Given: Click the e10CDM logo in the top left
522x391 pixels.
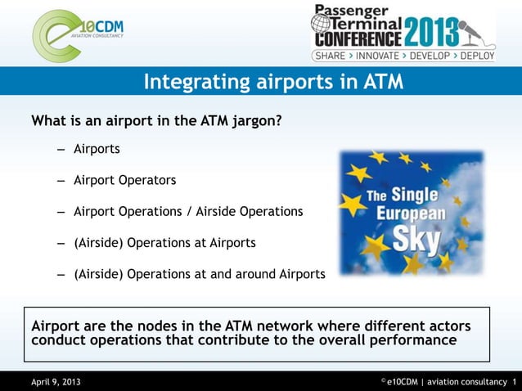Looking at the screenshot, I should pos(78,34).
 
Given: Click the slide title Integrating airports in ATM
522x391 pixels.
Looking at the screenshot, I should pos(273,82).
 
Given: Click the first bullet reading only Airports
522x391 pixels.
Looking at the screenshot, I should pos(97,150).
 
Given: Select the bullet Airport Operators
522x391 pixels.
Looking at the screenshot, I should pos(124,180).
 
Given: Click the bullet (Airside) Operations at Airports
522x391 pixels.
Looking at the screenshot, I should pos(164,243).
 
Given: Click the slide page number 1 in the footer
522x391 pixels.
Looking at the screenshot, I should pos(514,382).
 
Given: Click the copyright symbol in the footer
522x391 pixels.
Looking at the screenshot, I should pos(382,380).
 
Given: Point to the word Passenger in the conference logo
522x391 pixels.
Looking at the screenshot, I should pos(358,11).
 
